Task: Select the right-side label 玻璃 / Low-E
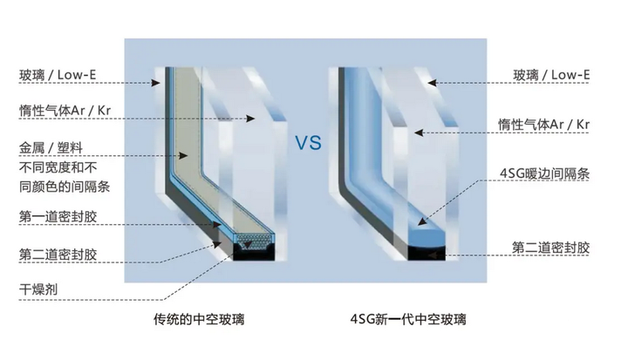pyautogui.click(x=550, y=76)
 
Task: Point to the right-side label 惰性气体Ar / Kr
pyautogui.click(x=543, y=126)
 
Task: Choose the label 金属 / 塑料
pyautogui.click(x=50, y=147)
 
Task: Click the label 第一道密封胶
pyautogui.click(x=58, y=214)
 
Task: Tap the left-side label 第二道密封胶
pyautogui.click(x=58, y=255)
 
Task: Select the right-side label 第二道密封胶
pyautogui.click(x=550, y=248)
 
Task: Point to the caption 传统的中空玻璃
pyautogui.click(x=193, y=320)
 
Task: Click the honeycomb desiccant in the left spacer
pyautogui.click(x=251, y=238)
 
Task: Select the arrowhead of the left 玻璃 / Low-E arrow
pyautogui.click(x=157, y=85)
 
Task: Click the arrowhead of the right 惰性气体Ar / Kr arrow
pyautogui.click(x=417, y=132)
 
